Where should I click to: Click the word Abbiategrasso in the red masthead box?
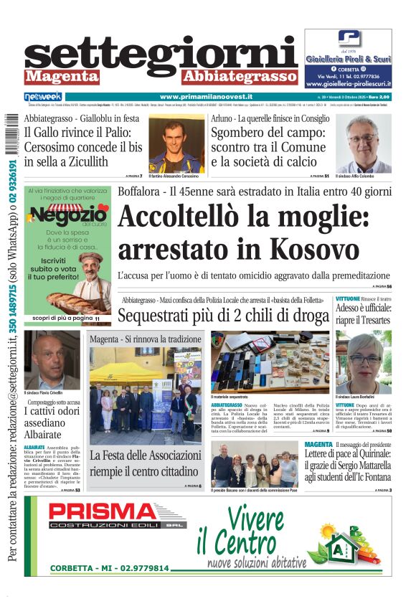click(x=240, y=76)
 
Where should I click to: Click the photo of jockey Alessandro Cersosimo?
click(x=176, y=144)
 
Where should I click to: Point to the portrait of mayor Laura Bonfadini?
click(x=363, y=362)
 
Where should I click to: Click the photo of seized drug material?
click(x=269, y=362)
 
